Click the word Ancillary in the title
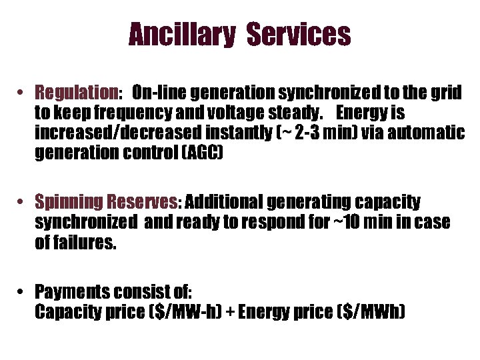pyautogui.click(x=181, y=35)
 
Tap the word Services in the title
pyautogui.click(x=299, y=35)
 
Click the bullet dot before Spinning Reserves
pyautogui.click(x=22, y=202)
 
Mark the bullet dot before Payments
pyautogui.click(x=22, y=292)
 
